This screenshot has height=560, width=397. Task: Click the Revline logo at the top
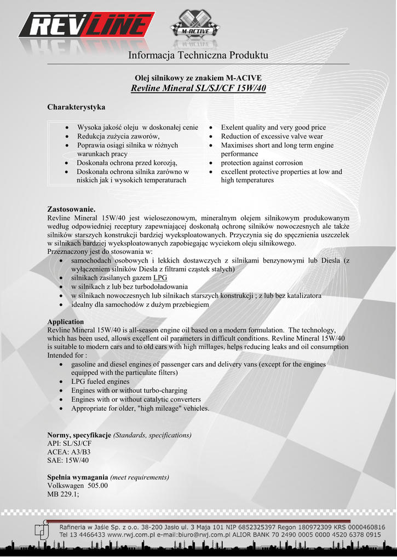click(x=87, y=26)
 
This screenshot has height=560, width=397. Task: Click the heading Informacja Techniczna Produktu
click(x=198, y=55)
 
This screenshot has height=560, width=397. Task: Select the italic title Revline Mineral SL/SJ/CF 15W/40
click(x=198, y=89)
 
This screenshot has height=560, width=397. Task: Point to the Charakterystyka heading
click(x=76, y=107)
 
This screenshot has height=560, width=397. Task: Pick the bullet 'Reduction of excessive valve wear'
click(x=272, y=136)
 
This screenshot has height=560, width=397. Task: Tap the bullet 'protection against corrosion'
click(x=262, y=162)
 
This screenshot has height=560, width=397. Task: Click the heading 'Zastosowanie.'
click(x=72, y=209)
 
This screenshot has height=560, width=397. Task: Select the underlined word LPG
click(x=160, y=278)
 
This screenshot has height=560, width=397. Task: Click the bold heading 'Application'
click(x=66, y=322)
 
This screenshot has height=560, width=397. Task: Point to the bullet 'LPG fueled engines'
click(x=100, y=382)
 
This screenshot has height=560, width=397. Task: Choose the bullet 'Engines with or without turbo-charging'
click(x=129, y=390)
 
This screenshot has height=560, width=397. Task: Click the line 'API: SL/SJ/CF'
click(x=70, y=444)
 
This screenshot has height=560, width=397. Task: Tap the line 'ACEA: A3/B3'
click(x=69, y=452)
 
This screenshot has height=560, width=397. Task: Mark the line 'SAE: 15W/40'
click(x=68, y=460)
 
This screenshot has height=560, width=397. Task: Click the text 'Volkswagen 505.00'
click(x=78, y=486)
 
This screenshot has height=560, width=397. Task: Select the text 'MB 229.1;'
click(x=64, y=494)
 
